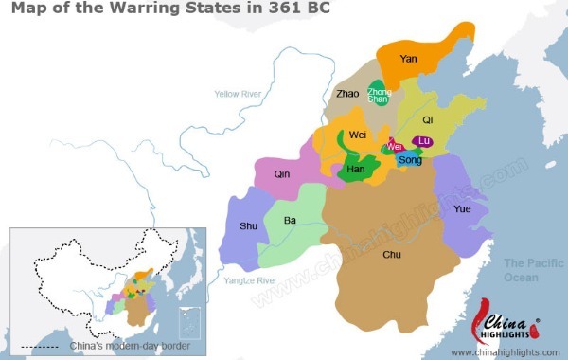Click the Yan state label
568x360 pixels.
[x=409, y=59]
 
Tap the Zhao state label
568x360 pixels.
[x=347, y=94]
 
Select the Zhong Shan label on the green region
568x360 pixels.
[x=379, y=94]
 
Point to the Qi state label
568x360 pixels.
[x=427, y=120]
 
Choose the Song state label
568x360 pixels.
[x=410, y=160]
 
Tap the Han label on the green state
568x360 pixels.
[x=356, y=169]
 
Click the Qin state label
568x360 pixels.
[x=282, y=174]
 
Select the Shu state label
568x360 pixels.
[x=248, y=225]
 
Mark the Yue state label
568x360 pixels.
[x=462, y=208]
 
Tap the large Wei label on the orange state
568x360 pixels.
[x=359, y=135]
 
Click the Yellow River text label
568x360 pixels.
[x=239, y=94]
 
